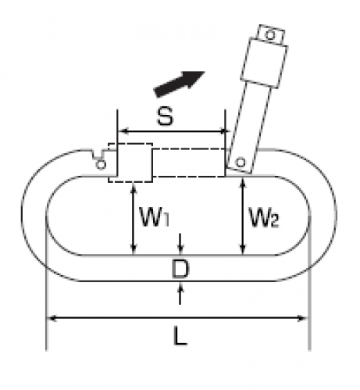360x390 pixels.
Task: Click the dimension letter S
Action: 165,116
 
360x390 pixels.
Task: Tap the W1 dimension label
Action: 155,217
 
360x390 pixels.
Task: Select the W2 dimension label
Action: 264,218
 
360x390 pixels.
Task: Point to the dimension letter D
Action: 180,269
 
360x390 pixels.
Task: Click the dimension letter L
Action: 180,336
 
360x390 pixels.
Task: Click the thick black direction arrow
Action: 180,83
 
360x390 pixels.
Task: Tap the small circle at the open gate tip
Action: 271,34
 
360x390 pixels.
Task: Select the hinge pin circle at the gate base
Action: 240,163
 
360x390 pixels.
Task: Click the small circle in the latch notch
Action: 101,165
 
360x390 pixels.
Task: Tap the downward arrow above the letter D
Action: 180,244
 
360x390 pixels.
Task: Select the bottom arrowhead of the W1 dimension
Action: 134,249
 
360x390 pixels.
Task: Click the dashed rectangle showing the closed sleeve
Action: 130,163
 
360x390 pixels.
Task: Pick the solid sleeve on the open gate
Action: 264,63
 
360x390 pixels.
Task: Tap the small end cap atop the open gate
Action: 271,34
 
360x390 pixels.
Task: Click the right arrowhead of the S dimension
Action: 224,131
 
